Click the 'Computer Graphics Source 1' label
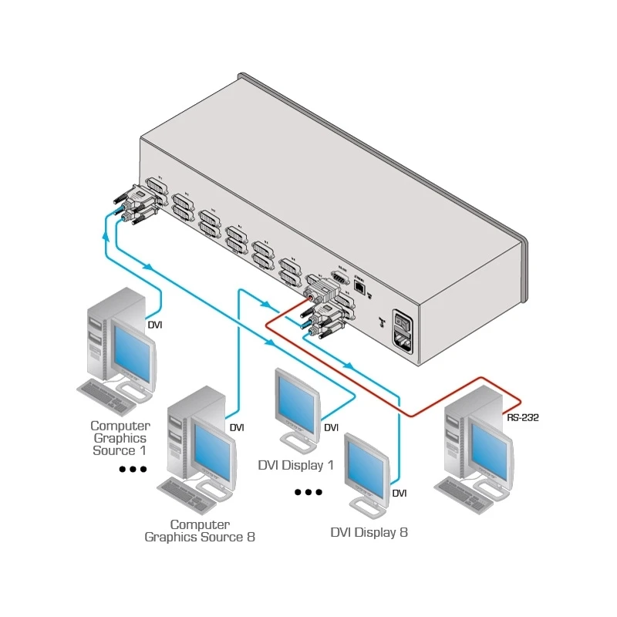(120, 438)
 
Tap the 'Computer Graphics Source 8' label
(200, 531)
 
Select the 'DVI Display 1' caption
(295, 465)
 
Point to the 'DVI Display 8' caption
(369, 532)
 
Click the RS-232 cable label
(523, 418)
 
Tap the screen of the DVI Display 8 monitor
(366, 467)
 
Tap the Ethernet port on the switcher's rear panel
(360, 285)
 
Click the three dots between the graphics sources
(133, 469)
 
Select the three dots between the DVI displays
(308, 491)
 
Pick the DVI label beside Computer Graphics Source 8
(237, 427)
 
